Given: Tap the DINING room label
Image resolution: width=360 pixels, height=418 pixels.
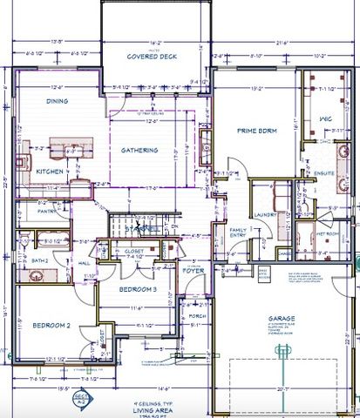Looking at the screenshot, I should point(58,101).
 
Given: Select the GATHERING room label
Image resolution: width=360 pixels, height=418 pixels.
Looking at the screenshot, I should point(139,151).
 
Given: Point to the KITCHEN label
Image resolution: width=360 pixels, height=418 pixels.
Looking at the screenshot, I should point(49,172).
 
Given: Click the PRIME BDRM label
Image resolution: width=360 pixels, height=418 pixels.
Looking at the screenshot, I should point(256,131).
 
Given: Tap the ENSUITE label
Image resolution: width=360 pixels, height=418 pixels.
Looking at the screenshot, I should point(325,172).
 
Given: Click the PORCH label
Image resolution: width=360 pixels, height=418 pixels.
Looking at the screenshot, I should point(197,315).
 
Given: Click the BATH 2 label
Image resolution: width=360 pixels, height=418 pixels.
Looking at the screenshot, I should point(38,260).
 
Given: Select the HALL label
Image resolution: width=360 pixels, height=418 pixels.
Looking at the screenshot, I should point(85,261).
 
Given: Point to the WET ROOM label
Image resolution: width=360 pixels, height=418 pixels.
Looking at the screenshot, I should point(327,233).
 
